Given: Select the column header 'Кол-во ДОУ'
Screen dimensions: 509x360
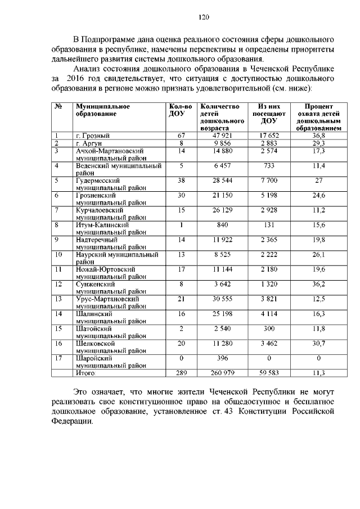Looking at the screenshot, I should pyautogui.click(x=181, y=110).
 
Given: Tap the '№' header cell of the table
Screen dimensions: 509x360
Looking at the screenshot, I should pyautogui.click(x=58, y=106).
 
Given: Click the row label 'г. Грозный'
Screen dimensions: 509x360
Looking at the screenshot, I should pyautogui.click(x=92, y=136).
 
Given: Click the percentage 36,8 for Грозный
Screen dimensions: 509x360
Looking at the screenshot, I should pyautogui.click(x=318, y=136).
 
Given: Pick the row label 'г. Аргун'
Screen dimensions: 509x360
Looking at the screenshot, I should pyautogui.click(x=88, y=143).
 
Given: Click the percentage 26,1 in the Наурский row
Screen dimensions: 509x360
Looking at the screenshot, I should pyautogui.click(x=318, y=254).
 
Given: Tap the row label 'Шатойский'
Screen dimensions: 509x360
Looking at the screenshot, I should pyautogui.click(x=90, y=327).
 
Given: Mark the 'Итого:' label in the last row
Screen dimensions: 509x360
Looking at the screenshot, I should pyautogui.click(x=86, y=372).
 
